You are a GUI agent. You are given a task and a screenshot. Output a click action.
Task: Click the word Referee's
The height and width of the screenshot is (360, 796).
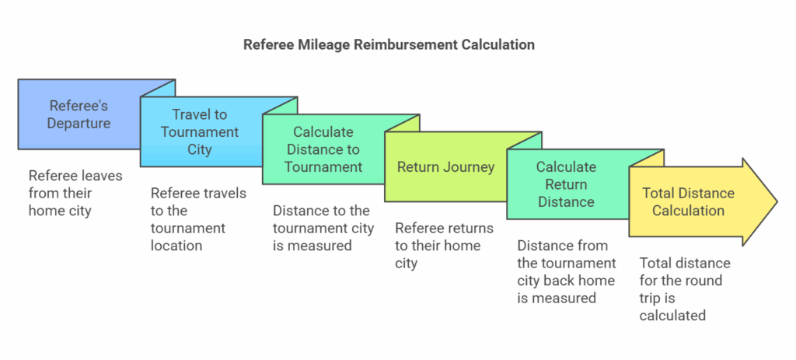pyautogui.click(x=79, y=106)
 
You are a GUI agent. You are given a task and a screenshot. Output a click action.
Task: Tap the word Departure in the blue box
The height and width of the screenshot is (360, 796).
pyautogui.click(x=79, y=123)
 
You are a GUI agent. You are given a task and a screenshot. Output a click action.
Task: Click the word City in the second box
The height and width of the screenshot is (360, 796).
pyautogui.click(x=200, y=149)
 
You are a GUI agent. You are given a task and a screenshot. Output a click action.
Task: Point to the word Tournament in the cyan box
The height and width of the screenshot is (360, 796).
pyautogui.click(x=200, y=132)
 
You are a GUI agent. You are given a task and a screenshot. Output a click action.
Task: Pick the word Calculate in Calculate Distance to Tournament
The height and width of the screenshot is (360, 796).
pyautogui.click(x=323, y=132)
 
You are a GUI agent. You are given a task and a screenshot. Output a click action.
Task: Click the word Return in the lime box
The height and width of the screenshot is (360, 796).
pyautogui.click(x=417, y=167)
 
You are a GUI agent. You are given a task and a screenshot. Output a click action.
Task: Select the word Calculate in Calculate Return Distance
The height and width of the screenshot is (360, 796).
pyautogui.click(x=566, y=167)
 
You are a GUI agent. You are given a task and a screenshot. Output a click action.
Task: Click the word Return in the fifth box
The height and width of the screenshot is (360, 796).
pyautogui.click(x=566, y=184)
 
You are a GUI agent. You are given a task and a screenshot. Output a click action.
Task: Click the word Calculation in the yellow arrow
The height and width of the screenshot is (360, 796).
pyautogui.click(x=688, y=211)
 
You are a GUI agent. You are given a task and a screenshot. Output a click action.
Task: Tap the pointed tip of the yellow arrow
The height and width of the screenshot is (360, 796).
pyautogui.click(x=774, y=202)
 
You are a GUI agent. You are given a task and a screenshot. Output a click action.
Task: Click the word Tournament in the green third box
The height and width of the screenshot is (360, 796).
pyautogui.click(x=323, y=166)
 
